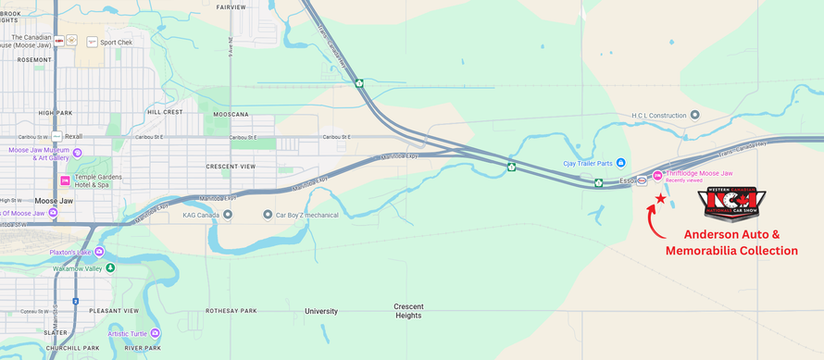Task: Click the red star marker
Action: click(x=660, y=198)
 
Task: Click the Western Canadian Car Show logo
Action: click(x=731, y=204)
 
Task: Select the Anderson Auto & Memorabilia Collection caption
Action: click(x=731, y=242)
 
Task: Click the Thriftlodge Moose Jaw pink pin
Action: click(x=657, y=175)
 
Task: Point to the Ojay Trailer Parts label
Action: click(x=588, y=163)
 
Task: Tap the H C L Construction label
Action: click(x=660, y=116)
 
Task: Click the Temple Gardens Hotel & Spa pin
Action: click(x=65, y=180)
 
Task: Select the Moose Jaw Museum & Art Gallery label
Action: click(x=39, y=154)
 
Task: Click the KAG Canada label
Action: click(x=200, y=215)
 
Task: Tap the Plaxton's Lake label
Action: click(x=71, y=252)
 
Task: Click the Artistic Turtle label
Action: click(x=128, y=333)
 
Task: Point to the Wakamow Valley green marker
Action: click(x=110, y=267)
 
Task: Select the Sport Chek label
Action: click(x=116, y=42)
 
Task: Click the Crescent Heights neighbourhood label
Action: click(x=408, y=311)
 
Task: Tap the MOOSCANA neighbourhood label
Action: click(x=231, y=115)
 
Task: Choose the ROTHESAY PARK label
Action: click(x=231, y=311)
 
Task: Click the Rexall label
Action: click(x=73, y=136)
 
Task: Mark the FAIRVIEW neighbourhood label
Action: click(x=231, y=6)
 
